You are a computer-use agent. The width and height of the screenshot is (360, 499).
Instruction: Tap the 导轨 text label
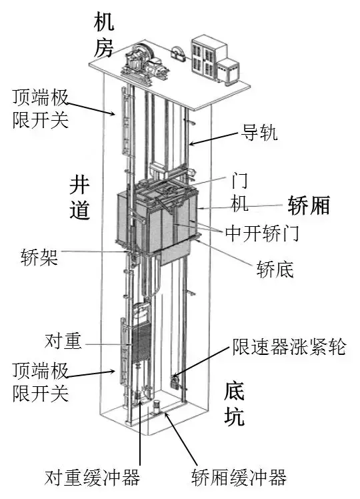coord(259,132)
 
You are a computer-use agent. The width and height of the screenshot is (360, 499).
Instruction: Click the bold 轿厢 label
coord(309,205)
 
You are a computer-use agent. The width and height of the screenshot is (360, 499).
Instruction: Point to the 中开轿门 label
coord(262,233)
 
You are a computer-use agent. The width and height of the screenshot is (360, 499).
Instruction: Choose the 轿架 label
coord(39,256)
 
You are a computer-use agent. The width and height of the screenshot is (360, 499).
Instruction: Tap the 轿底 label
coord(275,270)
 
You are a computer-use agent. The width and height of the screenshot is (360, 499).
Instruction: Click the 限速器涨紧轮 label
coord(289,346)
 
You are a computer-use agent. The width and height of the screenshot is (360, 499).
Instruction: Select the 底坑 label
coord(235,404)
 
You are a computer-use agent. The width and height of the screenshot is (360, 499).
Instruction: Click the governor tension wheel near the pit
coord(175,381)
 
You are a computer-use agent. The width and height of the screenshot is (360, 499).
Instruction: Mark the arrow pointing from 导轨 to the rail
coord(214,139)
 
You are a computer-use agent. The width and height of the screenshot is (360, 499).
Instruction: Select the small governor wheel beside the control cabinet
coord(179,53)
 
